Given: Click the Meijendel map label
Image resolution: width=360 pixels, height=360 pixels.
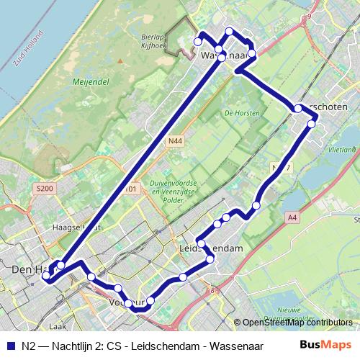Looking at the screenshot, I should pyautogui.click(x=90, y=83).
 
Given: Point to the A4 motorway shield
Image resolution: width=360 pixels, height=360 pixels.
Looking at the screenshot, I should pyautogui.click(x=292, y=217).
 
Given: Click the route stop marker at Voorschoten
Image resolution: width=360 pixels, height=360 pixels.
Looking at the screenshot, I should pyautogui.click(x=298, y=109).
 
